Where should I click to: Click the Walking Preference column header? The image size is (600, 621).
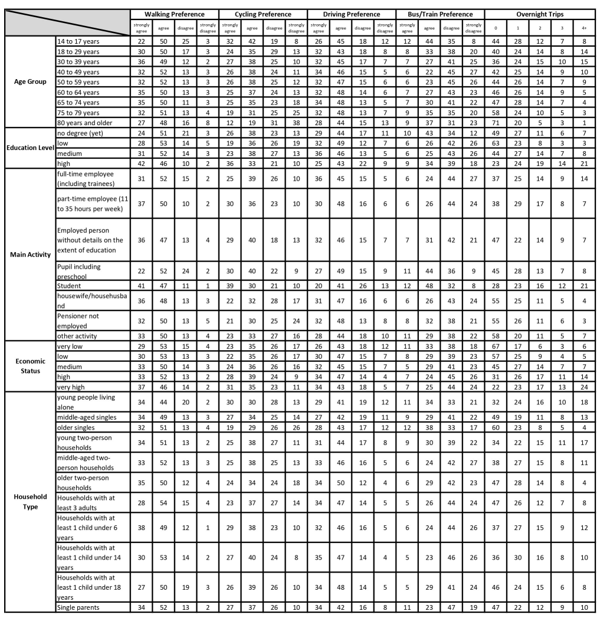coord(175,14)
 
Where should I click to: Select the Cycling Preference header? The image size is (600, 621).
coord(263,14)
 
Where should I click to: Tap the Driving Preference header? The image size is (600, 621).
coord(352,14)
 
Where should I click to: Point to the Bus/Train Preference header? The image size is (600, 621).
coord(440,14)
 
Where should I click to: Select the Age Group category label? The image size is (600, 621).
coord(29,82)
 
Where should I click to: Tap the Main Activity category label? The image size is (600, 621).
coord(29,255)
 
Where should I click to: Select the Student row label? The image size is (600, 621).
coord(70,286)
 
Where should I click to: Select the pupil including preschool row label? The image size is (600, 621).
coord(79,271)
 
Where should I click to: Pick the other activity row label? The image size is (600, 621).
coord(78,335)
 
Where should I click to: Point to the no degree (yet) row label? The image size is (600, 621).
coord(80,134)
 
